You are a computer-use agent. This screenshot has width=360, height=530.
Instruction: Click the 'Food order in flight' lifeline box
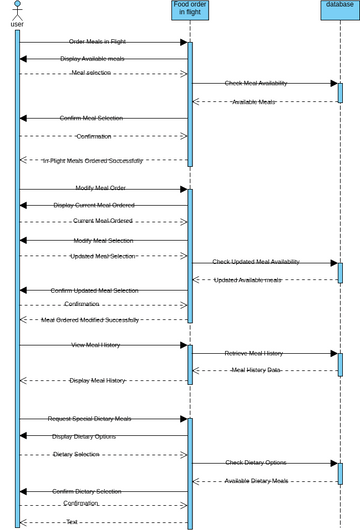click(189, 10)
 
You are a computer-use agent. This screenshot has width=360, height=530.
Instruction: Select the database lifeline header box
click(340, 6)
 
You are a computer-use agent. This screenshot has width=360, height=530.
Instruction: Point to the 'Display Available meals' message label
click(103, 59)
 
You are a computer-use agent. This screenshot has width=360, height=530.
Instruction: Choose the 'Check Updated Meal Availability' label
click(263, 262)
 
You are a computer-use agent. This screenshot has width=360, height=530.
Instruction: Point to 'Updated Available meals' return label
click(262, 280)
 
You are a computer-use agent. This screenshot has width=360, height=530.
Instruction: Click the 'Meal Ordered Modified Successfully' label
click(97, 320)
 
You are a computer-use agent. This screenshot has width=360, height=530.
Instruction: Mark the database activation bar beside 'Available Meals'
click(340, 92)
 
